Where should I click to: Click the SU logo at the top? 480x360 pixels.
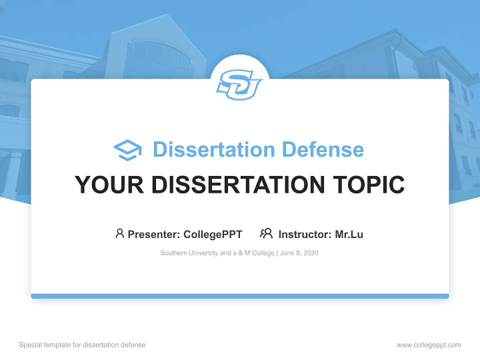[x=239, y=84]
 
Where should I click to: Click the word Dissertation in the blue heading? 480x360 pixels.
[x=213, y=149]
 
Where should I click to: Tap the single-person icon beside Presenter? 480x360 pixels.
[x=119, y=233]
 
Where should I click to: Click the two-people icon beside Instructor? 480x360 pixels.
[x=266, y=233]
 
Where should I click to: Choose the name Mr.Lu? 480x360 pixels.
[x=349, y=234]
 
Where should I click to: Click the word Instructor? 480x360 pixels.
[x=304, y=234]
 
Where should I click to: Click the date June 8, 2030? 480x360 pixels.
[x=299, y=253]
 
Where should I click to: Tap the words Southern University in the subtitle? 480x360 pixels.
[x=189, y=253]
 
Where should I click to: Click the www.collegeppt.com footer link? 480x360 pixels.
[x=428, y=345]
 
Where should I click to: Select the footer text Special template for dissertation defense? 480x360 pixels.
[x=82, y=345]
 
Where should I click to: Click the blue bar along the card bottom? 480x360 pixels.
[x=240, y=296]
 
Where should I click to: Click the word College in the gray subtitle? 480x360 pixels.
[x=263, y=253]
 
